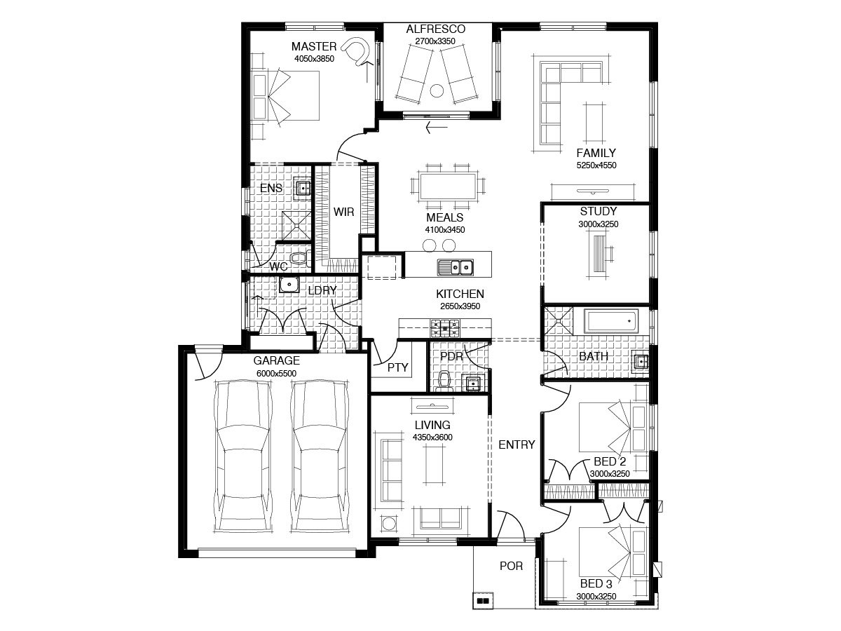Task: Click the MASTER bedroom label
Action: pyautogui.click(x=314, y=46)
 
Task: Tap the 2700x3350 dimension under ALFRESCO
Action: pyautogui.click(x=435, y=41)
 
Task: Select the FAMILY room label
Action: pyautogui.click(x=596, y=153)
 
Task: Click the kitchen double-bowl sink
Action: pyautogui.click(x=455, y=267)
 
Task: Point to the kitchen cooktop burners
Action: pyautogui.click(x=444, y=328)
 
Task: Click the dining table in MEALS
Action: pyautogui.click(x=448, y=186)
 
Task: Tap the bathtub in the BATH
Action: pyautogui.click(x=610, y=321)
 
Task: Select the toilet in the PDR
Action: pyautogui.click(x=444, y=381)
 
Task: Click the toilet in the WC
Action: pyautogui.click(x=299, y=258)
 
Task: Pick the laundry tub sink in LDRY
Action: pyautogui.click(x=289, y=285)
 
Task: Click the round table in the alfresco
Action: pyautogui.click(x=437, y=91)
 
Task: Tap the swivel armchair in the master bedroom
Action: pyautogui.click(x=356, y=51)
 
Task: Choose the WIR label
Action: pyautogui.click(x=343, y=212)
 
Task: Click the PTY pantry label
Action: pyautogui.click(x=397, y=367)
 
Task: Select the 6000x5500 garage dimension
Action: pyautogui.click(x=276, y=373)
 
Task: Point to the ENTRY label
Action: pyautogui.click(x=517, y=445)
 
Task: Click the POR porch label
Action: pyautogui.click(x=511, y=566)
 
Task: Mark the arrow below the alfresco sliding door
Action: pyautogui.click(x=437, y=127)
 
